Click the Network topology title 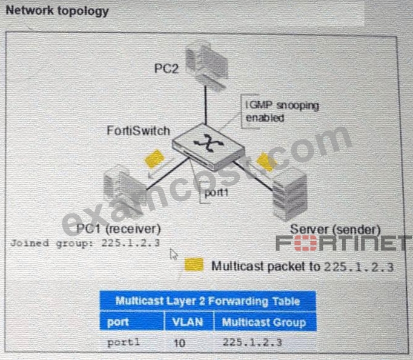pyautogui.click(x=57, y=11)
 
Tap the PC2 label pyautogui.click(x=167, y=68)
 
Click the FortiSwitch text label pyautogui.click(x=138, y=131)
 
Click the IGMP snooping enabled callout pyautogui.click(x=282, y=112)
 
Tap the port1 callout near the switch pyautogui.click(x=216, y=193)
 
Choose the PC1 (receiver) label pyautogui.click(x=118, y=228)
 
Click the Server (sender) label pyautogui.click(x=335, y=230)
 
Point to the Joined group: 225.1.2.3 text pyautogui.click(x=85, y=242)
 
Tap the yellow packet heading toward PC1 pyautogui.click(x=154, y=159)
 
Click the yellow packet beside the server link pyautogui.click(x=266, y=162)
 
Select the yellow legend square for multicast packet pyautogui.click(x=194, y=265)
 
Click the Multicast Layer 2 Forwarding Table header pyautogui.click(x=208, y=301)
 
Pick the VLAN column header pyautogui.click(x=188, y=322)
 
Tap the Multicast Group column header pyautogui.click(x=264, y=322)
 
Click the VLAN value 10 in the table pyautogui.click(x=180, y=343)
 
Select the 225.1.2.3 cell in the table pyautogui.click(x=253, y=342)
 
